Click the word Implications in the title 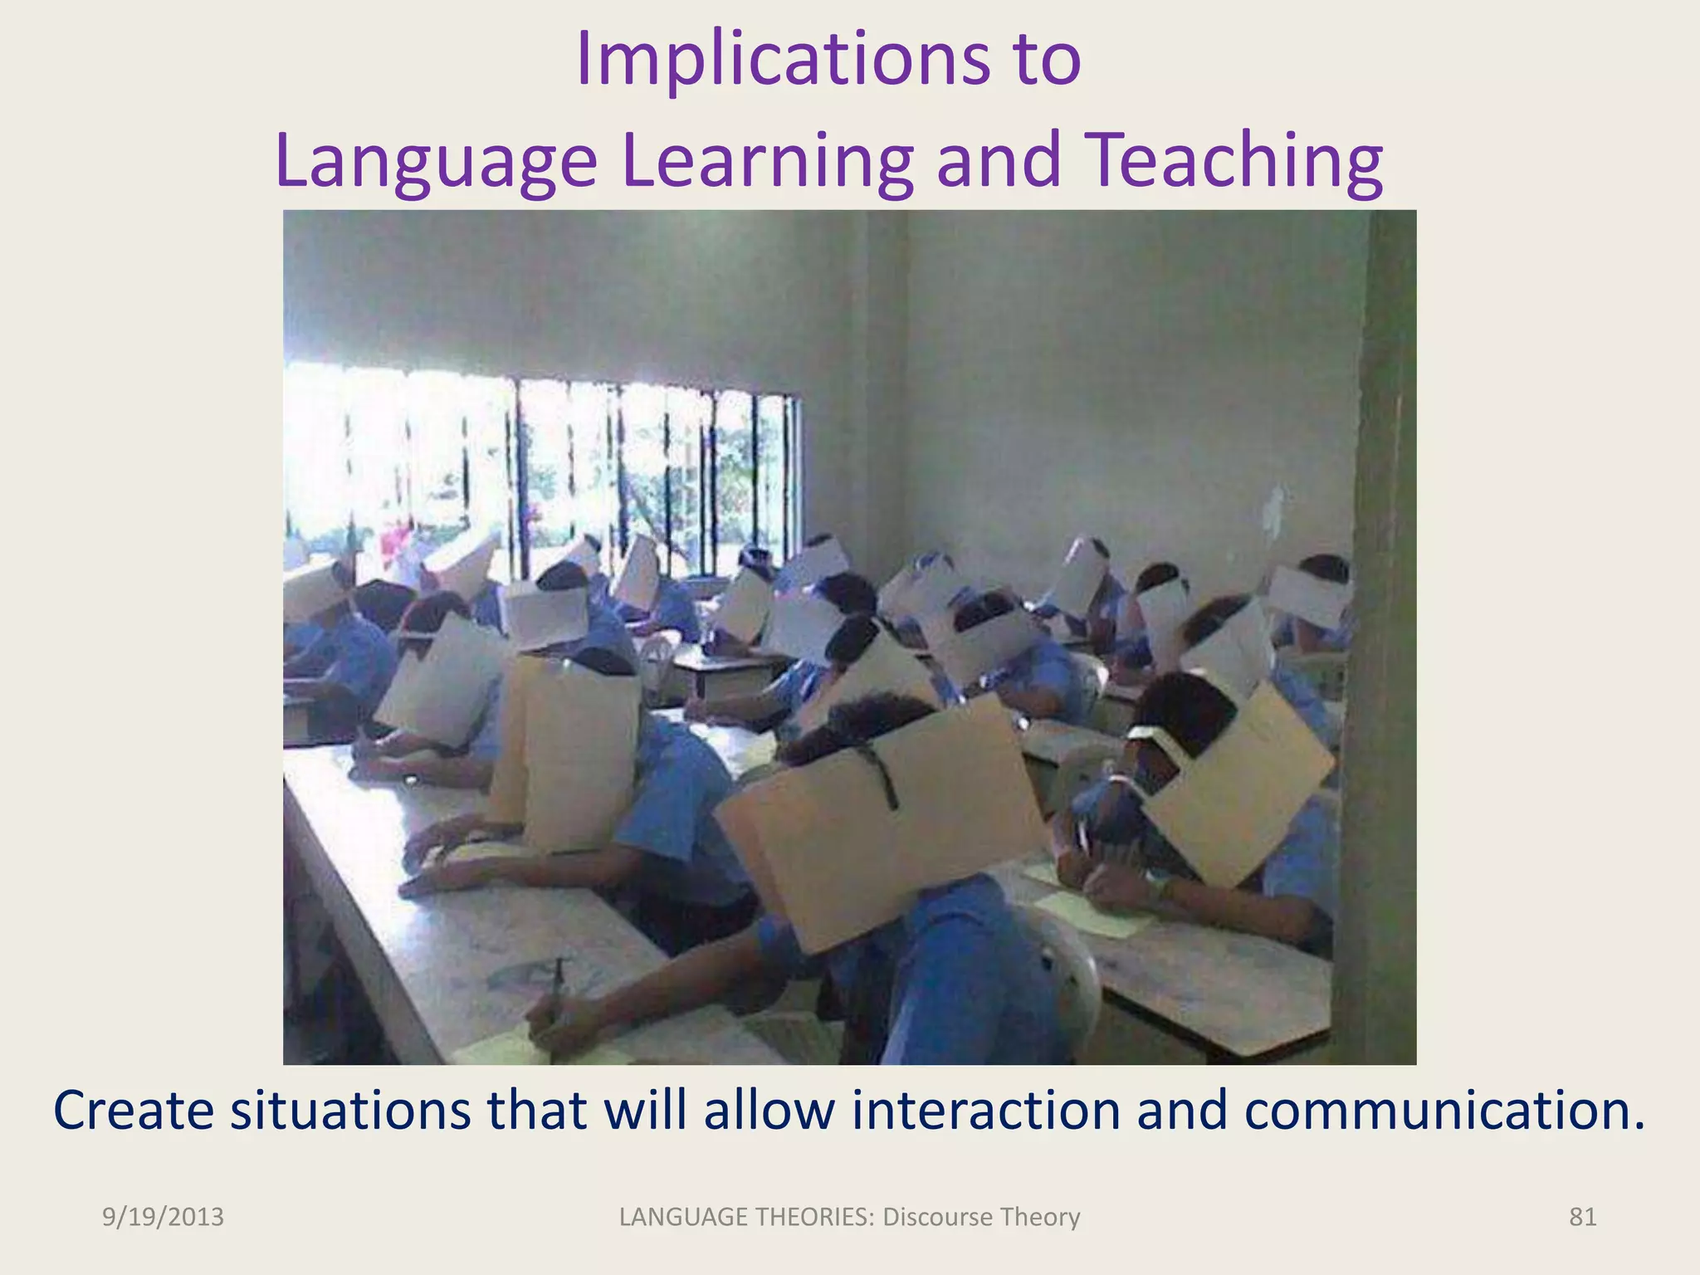point(783,60)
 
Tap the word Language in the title point(436,161)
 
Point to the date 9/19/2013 point(163,1217)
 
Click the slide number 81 point(1582,1217)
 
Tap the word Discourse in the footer point(937,1217)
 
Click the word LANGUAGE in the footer point(682,1217)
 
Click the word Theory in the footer point(1039,1217)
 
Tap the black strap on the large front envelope point(882,776)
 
